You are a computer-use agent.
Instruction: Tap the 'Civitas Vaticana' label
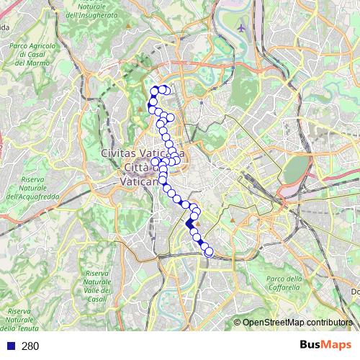pyautogui.click(x=143, y=153)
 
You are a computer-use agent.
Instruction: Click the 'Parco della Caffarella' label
pyautogui.click(x=282, y=283)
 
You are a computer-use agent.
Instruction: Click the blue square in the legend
pyautogui.click(x=9, y=346)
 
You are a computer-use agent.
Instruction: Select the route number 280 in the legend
pyautogui.click(x=30, y=346)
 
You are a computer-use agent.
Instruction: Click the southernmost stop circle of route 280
pyautogui.click(x=209, y=252)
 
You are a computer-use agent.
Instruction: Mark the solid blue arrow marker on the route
pyautogui.click(x=190, y=224)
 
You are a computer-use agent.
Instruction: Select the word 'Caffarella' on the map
pyautogui.click(x=284, y=287)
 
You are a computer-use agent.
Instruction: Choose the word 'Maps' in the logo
pyautogui.click(x=336, y=346)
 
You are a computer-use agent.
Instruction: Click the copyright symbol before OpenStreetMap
pyautogui.click(x=238, y=323)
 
